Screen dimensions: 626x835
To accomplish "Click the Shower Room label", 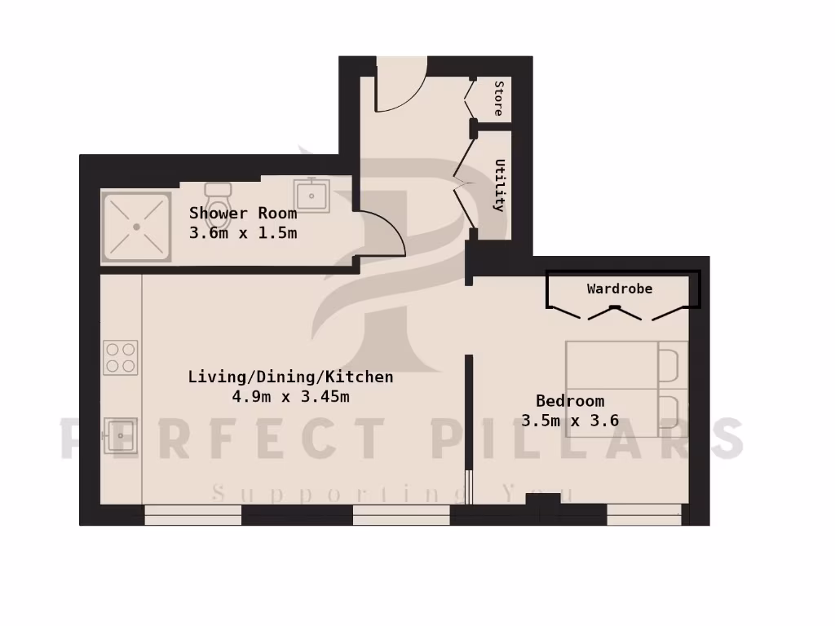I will coord(243,214).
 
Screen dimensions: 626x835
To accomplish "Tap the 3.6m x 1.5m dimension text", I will coord(243,232).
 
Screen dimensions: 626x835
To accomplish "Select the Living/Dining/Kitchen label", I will coord(290,377).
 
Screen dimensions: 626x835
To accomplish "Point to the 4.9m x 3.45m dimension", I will coord(290,397).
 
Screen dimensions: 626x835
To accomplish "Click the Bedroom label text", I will coord(570,401).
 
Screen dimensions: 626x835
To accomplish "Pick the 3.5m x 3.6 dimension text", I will coord(570,421).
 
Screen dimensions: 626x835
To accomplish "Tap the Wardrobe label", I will coord(620,289).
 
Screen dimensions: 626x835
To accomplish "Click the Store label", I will coord(498,98).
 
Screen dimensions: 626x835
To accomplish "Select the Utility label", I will coord(499,185).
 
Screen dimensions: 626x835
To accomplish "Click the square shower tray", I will coord(136,227).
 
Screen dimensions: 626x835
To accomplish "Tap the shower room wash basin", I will coord(311,196).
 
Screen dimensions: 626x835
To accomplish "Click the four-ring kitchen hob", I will coord(121,358).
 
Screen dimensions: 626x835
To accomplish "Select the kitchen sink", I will coord(121,435).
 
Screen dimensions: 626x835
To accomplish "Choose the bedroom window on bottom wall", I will coord(644,513).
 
